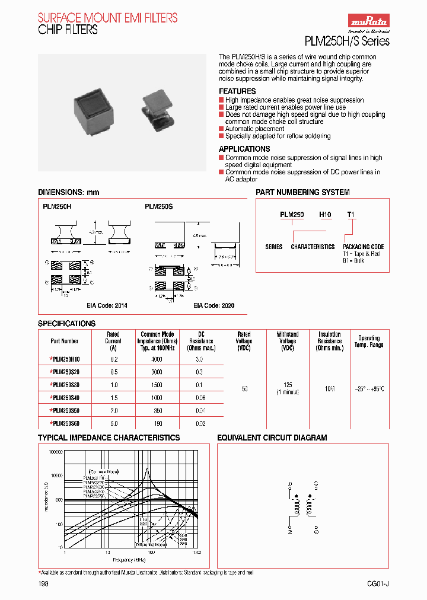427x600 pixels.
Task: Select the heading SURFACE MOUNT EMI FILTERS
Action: pos(107,18)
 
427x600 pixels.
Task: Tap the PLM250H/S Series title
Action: pos(347,42)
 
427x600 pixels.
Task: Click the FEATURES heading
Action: pos(237,91)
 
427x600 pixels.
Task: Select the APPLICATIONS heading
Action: pos(244,149)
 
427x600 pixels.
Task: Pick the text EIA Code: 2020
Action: pos(213,305)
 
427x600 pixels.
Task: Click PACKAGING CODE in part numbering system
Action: pos(364,247)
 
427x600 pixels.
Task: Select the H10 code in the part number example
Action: pos(326,215)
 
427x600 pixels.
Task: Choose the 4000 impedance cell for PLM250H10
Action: pos(157,359)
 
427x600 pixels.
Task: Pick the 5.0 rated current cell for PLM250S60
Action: pos(113,423)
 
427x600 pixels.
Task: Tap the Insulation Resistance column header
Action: pos(330,341)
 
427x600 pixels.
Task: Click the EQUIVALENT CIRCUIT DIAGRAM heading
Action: pos(272,438)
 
